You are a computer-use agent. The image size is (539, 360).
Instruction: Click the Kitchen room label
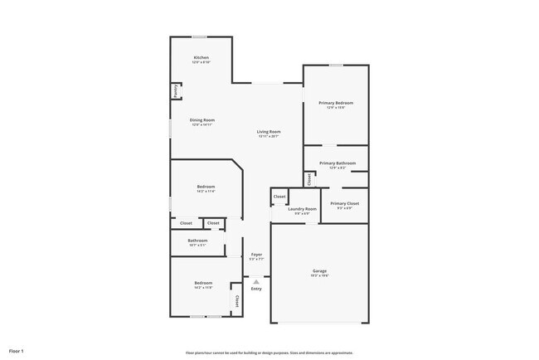pos(201,57)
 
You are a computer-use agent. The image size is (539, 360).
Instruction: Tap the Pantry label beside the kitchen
pos(176,90)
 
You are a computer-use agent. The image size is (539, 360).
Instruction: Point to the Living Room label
pos(268,131)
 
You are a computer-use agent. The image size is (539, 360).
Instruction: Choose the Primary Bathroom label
pos(337,163)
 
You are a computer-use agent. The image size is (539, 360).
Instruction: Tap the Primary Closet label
pos(343,203)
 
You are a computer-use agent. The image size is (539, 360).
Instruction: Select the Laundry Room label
pos(302,209)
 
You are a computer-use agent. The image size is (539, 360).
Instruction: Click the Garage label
pos(319,270)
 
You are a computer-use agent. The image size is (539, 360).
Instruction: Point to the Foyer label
pos(256,255)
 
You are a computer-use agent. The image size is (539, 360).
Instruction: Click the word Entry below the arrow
pos(256,289)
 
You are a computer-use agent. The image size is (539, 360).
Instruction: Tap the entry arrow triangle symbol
pos(256,281)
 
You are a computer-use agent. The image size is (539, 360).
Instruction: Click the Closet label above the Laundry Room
pos(279,197)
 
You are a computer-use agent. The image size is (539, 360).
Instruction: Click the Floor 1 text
pos(16,352)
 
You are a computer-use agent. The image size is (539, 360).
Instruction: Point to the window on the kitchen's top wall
pos(199,36)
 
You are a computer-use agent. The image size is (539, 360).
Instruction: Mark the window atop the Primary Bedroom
pos(335,66)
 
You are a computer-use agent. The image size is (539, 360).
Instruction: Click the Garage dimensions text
pos(319,276)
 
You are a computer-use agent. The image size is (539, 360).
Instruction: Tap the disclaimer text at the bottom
pos(269,352)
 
